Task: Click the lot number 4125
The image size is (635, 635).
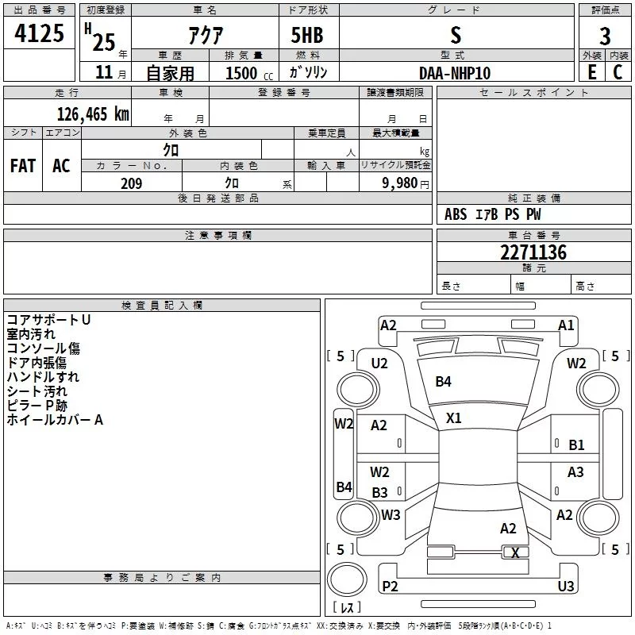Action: pyautogui.click(x=39, y=33)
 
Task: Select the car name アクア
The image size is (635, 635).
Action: pyautogui.click(x=206, y=35)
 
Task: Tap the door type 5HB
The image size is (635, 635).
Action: pyautogui.click(x=307, y=35)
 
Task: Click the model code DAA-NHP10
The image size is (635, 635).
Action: pyautogui.click(x=455, y=73)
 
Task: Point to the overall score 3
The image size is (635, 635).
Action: pyautogui.click(x=605, y=37)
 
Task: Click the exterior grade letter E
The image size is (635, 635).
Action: pyautogui.click(x=592, y=72)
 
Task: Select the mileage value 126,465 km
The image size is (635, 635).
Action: pyautogui.click(x=93, y=114)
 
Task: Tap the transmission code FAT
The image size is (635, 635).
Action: pyautogui.click(x=23, y=166)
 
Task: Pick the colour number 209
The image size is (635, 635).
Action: pyautogui.click(x=131, y=183)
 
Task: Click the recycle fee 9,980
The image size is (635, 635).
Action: pyautogui.click(x=400, y=183)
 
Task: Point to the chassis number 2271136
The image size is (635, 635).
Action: pyautogui.click(x=533, y=252)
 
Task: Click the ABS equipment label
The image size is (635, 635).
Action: pyautogui.click(x=456, y=214)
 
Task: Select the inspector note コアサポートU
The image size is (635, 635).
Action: pyautogui.click(x=48, y=320)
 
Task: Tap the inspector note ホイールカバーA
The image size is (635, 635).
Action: pyautogui.click(x=55, y=420)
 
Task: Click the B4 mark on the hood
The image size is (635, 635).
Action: pyautogui.click(x=443, y=382)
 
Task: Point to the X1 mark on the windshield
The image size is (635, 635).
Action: pyautogui.click(x=453, y=418)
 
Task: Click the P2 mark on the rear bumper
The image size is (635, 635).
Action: pyautogui.click(x=390, y=586)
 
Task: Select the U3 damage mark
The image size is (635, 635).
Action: pyautogui.click(x=566, y=586)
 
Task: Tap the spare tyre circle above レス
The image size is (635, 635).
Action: pyautogui.click(x=347, y=579)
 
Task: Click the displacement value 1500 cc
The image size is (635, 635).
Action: pyautogui.click(x=249, y=73)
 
